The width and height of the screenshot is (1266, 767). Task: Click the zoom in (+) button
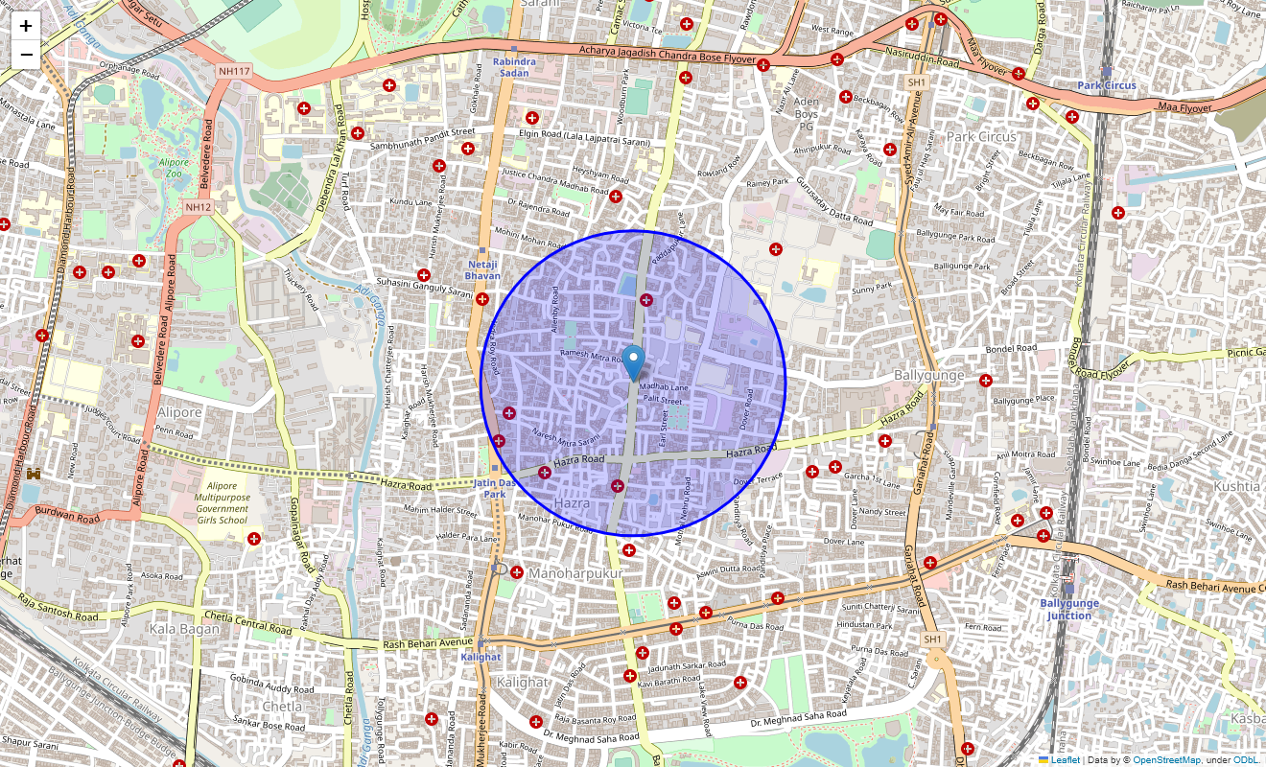(26, 27)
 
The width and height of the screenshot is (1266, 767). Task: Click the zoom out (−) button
(26, 55)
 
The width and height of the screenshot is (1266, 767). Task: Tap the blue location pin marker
(633, 362)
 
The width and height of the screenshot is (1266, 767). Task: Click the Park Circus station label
(1106, 85)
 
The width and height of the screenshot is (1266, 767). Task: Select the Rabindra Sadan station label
(514, 67)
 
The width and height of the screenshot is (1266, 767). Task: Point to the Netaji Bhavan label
(482, 269)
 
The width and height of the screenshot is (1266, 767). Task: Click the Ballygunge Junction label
(1068, 609)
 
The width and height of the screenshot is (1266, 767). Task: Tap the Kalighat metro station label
(481, 657)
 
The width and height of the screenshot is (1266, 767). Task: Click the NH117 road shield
(234, 71)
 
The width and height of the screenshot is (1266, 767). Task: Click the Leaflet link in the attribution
(1065, 760)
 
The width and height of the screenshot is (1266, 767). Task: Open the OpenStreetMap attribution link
(1166, 760)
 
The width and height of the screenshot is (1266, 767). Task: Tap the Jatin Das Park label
(494, 489)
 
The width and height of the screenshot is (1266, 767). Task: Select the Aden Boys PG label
(806, 113)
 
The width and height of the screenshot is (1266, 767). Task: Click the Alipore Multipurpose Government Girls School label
(222, 503)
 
